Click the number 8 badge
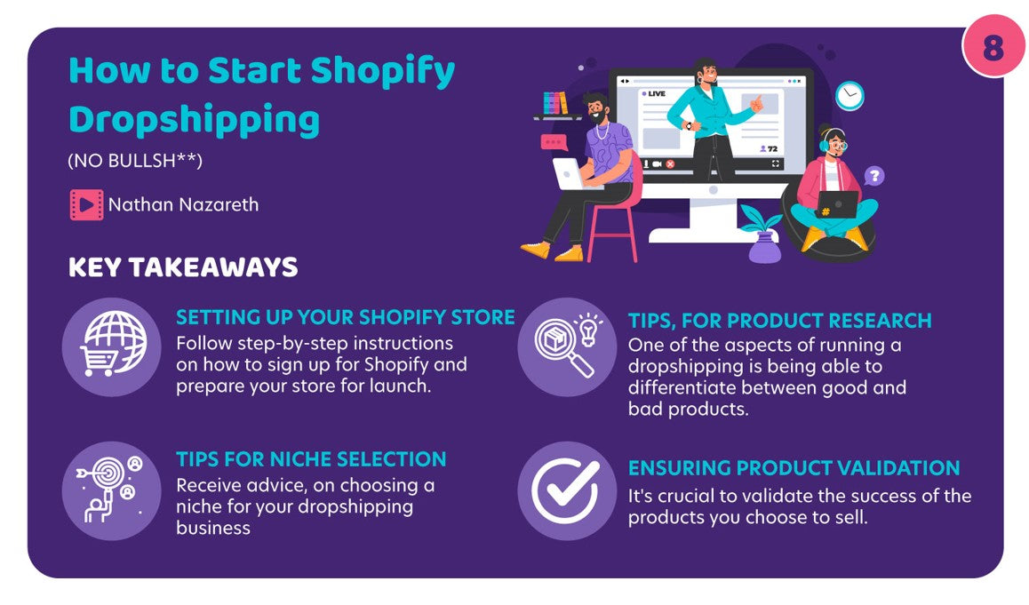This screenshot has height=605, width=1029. (x=993, y=45)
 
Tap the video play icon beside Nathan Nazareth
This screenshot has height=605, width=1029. (x=86, y=204)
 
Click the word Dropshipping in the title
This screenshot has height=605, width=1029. (x=195, y=121)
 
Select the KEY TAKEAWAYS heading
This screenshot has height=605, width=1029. (x=183, y=267)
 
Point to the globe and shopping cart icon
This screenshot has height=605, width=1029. (x=112, y=346)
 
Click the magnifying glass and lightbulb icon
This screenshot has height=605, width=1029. (x=567, y=346)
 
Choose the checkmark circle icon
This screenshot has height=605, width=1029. (x=567, y=490)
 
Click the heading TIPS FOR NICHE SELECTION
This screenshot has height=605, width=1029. (x=311, y=458)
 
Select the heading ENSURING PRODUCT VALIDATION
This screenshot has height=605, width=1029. (x=794, y=468)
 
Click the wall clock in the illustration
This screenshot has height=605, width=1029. (x=850, y=96)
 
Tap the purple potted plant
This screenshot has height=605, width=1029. (x=763, y=235)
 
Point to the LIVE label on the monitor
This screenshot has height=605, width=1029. (x=653, y=94)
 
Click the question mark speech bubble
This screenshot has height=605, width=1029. (x=874, y=176)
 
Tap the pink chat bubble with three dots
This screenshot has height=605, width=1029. (x=554, y=142)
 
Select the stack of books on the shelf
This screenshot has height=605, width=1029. (x=555, y=103)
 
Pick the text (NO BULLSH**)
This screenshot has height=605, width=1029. (x=135, y=161)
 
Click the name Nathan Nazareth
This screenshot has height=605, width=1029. (x=183, y=204)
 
